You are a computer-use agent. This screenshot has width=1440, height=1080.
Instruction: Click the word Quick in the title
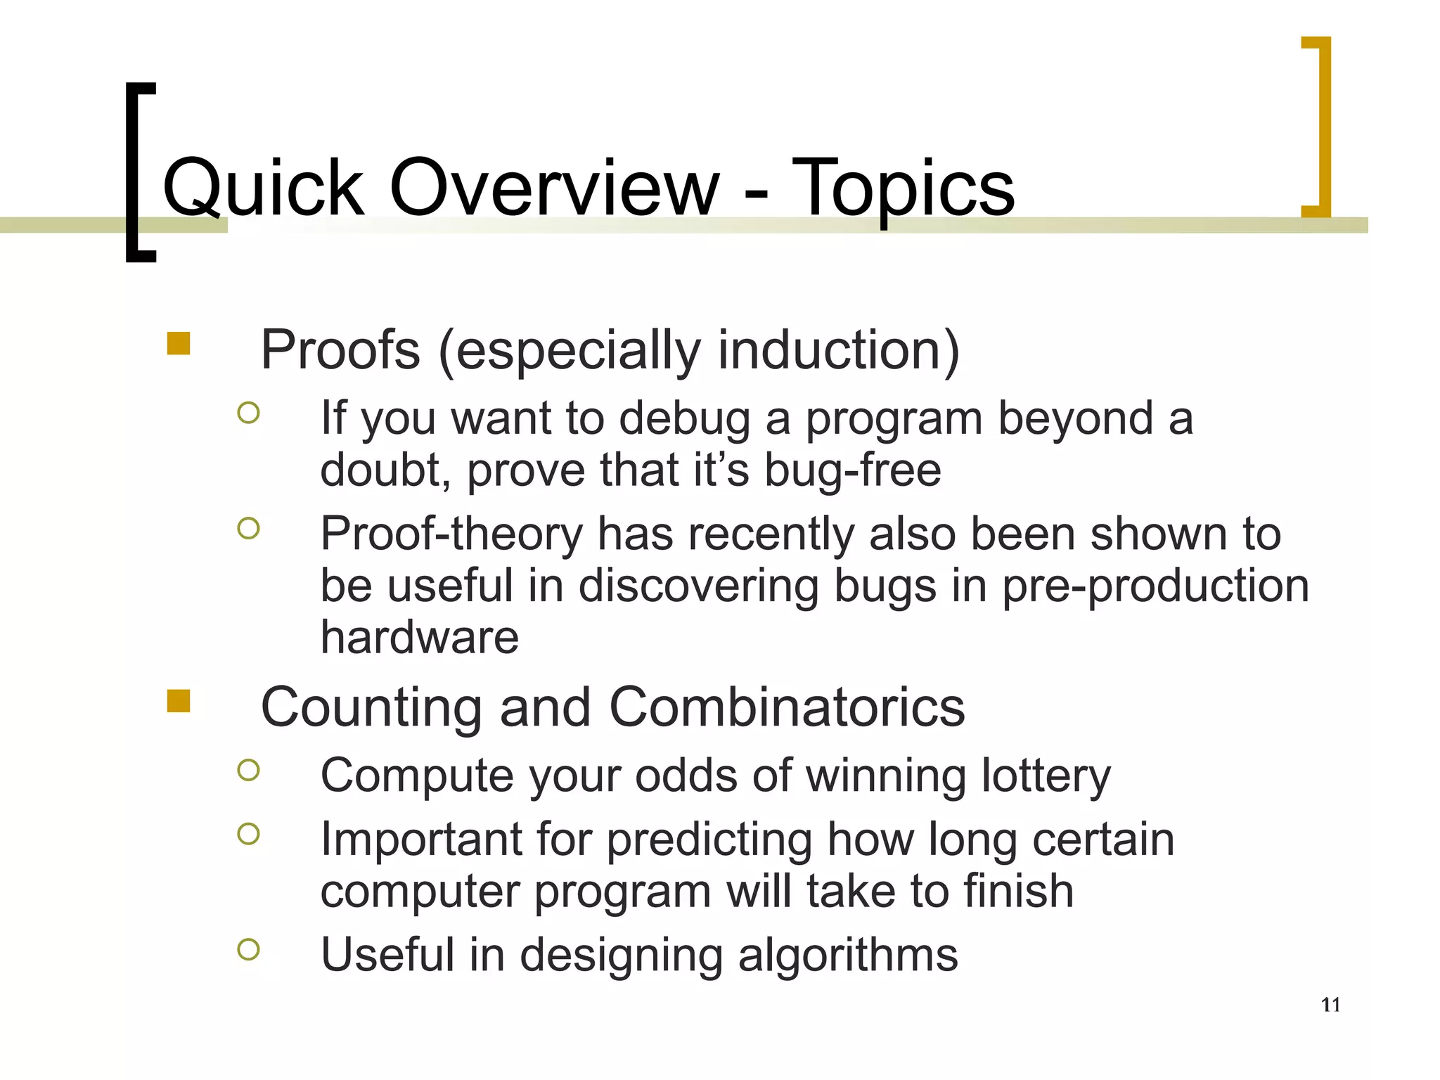click(x=263, y=188)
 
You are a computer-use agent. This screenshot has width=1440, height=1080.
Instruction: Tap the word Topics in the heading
click(x=903, y=188)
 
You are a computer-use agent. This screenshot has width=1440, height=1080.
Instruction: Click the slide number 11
click(x=1330, y=1005)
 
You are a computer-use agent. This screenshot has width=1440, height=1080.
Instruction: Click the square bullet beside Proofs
click(x=179, y=344)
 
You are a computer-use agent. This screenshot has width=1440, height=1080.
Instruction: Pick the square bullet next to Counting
click(x=179, y=701)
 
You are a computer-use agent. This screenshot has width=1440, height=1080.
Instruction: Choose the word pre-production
click(x=1155, y=586)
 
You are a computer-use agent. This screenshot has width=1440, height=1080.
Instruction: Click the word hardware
click(x=420, y=637)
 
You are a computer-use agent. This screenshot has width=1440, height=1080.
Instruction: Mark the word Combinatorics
click(x=787, y=707)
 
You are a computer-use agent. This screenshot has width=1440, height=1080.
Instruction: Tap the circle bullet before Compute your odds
click(x=248, y=770)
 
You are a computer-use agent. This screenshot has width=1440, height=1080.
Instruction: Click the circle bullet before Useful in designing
click(x=248, y=949)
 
